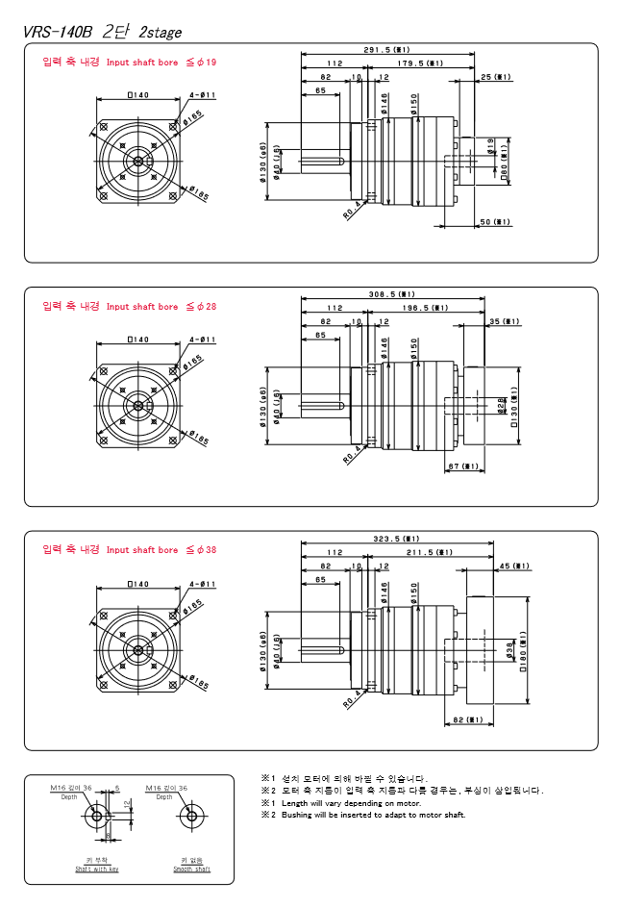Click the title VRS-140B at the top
[58, 32]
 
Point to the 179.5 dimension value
[423, 63]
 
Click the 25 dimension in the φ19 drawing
[495, 77]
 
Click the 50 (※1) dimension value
[495, 222]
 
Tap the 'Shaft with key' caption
[96, 869]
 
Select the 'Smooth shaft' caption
[191, 869]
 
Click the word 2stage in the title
[160, 32]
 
